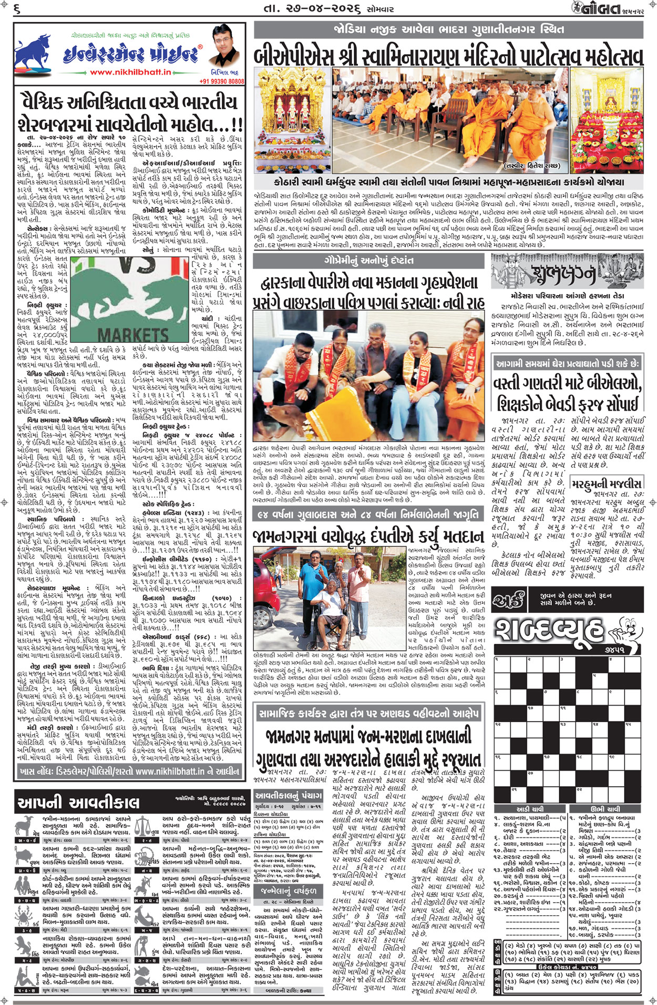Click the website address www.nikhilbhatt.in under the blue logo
click(130, 72)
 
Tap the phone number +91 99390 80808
click(222, 81)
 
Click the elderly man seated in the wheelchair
click(328, 615)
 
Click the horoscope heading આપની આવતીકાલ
click(78, 802)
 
